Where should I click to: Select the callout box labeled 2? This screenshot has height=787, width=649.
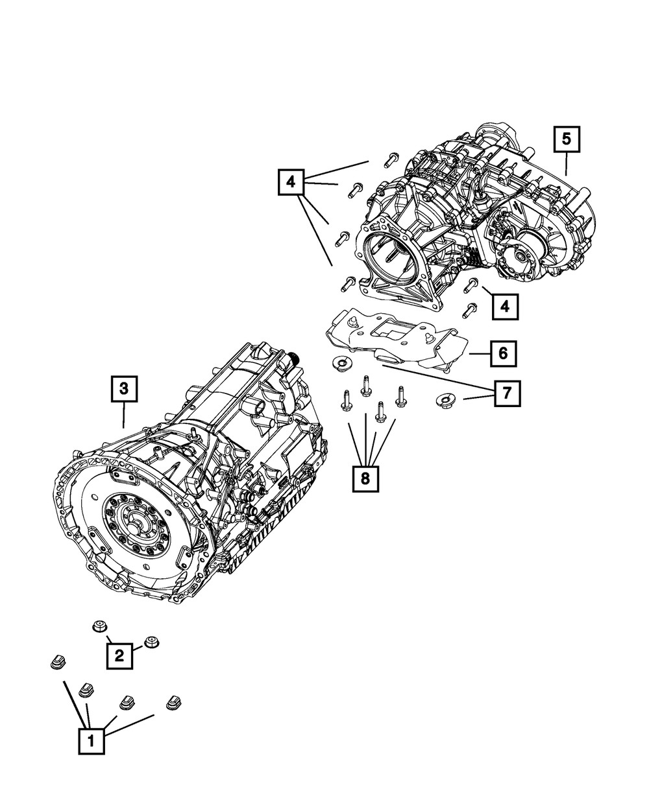click(x=119, y=655)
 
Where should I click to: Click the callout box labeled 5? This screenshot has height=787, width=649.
click(x=566, y=139)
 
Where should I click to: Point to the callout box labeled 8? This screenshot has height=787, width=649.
click(x=365, y=478)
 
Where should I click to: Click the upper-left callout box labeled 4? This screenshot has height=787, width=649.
click(x=291, y=182)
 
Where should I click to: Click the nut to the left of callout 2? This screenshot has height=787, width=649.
click(x=99, y=626)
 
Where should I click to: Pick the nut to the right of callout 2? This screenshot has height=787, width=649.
click(x=152, y=642)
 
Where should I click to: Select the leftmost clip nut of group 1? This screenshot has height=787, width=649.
click(x=56, y=663)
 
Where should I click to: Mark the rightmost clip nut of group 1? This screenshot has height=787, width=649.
click(x=173, y=701)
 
